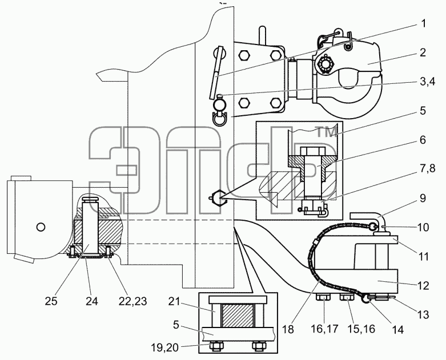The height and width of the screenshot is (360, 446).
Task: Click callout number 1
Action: (424, 23)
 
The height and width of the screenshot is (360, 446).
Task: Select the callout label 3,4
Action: (427, 82)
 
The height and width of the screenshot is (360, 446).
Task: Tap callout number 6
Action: (423, 140)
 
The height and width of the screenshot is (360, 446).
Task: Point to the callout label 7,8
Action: (427, 168)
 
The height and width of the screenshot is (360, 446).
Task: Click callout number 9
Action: (423, 199)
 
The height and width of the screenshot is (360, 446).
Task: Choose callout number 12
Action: (423, 286)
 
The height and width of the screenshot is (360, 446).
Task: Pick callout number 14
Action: (397, 330)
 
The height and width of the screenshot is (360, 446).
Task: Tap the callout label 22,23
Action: (132, 301)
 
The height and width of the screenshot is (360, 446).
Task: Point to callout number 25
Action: (51, 301)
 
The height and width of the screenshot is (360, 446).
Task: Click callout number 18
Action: (288, 330)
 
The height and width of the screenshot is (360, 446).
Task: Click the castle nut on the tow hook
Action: (324, 65)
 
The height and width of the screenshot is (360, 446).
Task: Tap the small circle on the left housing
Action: (41, 227)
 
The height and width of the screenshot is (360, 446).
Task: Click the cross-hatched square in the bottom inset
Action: (237, 315)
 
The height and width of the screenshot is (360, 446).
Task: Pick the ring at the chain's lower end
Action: (365, 298)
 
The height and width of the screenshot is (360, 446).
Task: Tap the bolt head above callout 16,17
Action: (323, 298)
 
